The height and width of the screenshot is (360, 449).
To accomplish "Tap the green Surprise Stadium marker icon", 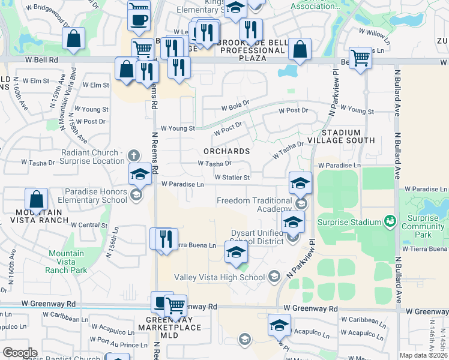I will pos(391,222).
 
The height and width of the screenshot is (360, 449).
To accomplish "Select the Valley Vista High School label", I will pos(219,277).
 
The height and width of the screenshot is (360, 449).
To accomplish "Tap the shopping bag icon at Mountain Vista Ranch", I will pos(36,199).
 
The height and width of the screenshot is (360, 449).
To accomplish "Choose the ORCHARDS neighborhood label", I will pos(226,151).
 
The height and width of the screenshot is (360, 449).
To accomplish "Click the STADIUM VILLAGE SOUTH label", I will pos(349,136).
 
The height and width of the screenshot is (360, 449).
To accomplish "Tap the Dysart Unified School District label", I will pos(260,238).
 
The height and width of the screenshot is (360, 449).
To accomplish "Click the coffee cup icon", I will pos(139,20).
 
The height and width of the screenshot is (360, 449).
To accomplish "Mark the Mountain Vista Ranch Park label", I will pos(67,262).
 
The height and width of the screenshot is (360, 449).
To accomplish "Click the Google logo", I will pos(20,353).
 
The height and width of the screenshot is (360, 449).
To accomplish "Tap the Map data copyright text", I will pos(424,355).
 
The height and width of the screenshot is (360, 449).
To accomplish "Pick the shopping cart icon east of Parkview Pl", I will pos(360,58).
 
